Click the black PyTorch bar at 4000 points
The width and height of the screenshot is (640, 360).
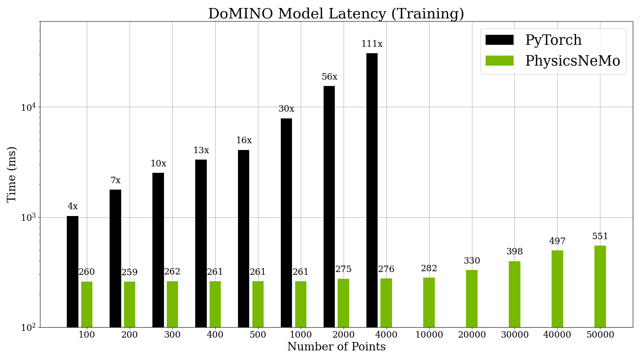pos(372,190)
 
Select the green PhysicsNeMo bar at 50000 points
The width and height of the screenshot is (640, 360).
pos(600,286)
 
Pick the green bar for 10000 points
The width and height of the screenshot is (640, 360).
pos(429,302)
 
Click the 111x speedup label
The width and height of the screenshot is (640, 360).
pos(372,44)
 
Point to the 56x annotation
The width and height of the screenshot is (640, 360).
pos(329,77)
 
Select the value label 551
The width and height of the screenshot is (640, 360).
pos(600,236)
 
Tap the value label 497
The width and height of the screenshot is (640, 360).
pos(557,241)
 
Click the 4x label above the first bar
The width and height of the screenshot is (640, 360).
pos(72,206)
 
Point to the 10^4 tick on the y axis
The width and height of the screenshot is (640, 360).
pos(28,107)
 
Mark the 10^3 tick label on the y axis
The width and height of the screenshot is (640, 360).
pos(28,218)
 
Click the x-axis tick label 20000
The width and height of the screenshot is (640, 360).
pos(472,335)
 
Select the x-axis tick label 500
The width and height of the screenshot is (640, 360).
pos(258,335)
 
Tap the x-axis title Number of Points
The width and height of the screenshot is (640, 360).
pos(336,347)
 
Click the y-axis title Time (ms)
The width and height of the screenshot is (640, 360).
pos(12,174)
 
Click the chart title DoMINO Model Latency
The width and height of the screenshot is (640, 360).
pos(336,14)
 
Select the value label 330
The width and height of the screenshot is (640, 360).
pos(472,261)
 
